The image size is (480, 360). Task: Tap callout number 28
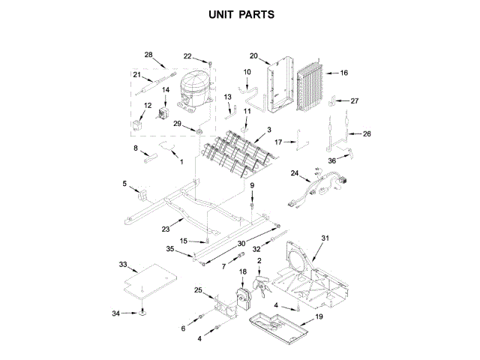tap(148, 55)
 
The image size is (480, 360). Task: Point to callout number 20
tap(253, 55)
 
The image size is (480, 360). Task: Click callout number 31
tap(325, 238)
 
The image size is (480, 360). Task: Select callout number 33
tap(124, 265)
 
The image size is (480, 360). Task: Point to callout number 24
tap(295, 173)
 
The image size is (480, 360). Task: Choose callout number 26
tap(367, 133)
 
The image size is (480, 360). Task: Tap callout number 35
tap(169, 248)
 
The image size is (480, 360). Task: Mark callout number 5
tap(125, 183)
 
